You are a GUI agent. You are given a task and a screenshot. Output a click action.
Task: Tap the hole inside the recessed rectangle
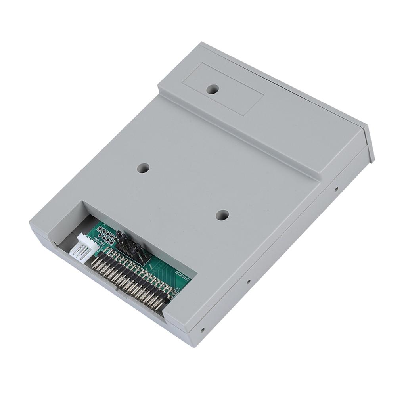pyautogui.click(x=213, y=89)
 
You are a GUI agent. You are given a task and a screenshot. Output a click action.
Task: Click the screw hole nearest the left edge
pyautogui.click(x=143, y=168)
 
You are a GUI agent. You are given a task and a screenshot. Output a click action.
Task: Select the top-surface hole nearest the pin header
pyautogui.click(x=222, y=215)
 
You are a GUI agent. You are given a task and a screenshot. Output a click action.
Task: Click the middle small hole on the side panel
pyautogui.click(x=249, y=282)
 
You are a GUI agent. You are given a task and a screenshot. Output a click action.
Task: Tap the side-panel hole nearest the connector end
pyautogui.click(x=202, y=330)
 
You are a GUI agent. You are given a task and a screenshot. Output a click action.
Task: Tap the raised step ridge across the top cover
pyautogui.click(x=238, y=131)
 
